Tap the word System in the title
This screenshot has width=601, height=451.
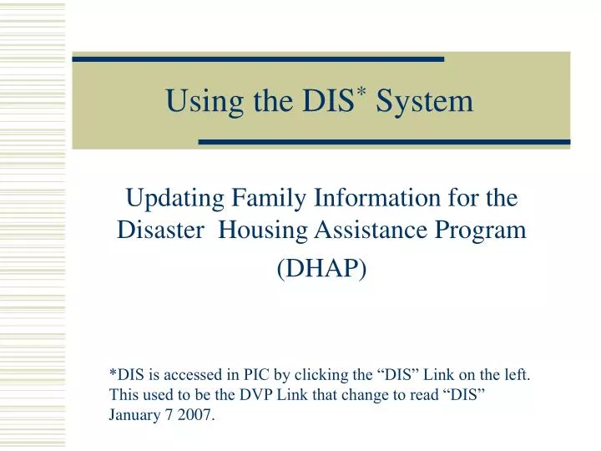(425, 101)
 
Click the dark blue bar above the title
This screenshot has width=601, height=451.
(258, 59)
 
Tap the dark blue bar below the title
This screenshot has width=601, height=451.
(384, 143)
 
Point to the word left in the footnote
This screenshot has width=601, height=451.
(515, 376)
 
